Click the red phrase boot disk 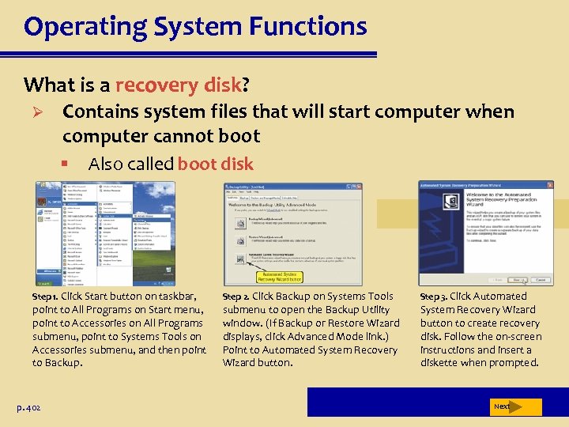pyautogui.click(x=216, y=164)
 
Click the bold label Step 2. pyautogui.click(x=236, y=296)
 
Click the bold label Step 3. pyautogui.click(x=433, y=296)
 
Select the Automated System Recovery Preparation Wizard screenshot pyautogui.click(x=485, y=233)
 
